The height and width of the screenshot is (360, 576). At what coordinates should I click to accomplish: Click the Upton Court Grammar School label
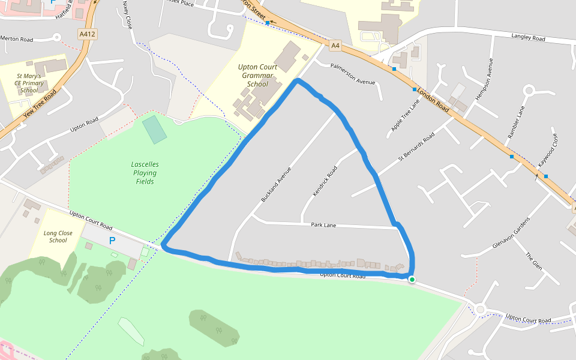(x=258, y=76)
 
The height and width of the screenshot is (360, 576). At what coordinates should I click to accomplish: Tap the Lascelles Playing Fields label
(x=145, y=173)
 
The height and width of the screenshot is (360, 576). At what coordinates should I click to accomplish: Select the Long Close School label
(x=58, y=236)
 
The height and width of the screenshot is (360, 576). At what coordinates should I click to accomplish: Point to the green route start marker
(x=412, y=279)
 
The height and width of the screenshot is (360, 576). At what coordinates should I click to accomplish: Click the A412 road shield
(x=87, y=35)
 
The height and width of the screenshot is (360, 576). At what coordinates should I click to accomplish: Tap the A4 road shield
(x=335, y=44)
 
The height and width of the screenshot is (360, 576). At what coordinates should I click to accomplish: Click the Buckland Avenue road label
(x=276, y=184)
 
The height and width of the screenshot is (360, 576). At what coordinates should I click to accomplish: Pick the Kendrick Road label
(x=325, y=182)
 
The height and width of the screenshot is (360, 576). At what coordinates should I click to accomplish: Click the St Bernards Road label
(x=416, y=148)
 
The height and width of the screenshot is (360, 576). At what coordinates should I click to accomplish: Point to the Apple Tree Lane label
(x=405, y=115)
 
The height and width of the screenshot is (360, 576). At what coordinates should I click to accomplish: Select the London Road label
(x=433, y=99)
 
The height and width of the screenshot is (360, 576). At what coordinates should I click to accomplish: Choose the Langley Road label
(x=528, y=38)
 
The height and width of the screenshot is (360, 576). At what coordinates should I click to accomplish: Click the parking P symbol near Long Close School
(x=112, y=241)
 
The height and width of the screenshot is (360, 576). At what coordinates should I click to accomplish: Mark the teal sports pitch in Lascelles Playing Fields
(x=155, y=130)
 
